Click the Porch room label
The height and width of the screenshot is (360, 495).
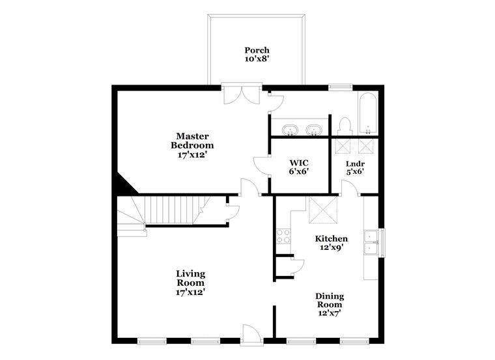tap(257, 50)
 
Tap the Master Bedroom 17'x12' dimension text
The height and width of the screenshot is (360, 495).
tap(192, 155)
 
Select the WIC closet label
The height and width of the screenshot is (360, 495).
tap(299, 163)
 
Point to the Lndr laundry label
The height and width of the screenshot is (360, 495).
tap(355, 164)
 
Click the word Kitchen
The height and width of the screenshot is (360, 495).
tap(332, 238)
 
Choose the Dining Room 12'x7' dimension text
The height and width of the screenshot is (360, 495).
tap(330, 313)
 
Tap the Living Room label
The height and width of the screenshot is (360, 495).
tap(190, 278)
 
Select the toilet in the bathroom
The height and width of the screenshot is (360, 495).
tap(344, 126)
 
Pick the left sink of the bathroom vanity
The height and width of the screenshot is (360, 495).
tap(289, 130)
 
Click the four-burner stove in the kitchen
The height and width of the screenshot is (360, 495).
tap(283, 236)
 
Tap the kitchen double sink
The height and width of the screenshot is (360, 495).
tap(371, 243)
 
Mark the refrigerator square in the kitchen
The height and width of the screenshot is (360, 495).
tap(323, 210)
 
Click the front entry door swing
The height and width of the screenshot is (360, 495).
tap(251, 333)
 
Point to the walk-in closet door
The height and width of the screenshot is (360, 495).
tap(262, 165)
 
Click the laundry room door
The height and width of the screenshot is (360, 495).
tap(350, 187)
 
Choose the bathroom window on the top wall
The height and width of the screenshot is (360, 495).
tap(340, 87)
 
